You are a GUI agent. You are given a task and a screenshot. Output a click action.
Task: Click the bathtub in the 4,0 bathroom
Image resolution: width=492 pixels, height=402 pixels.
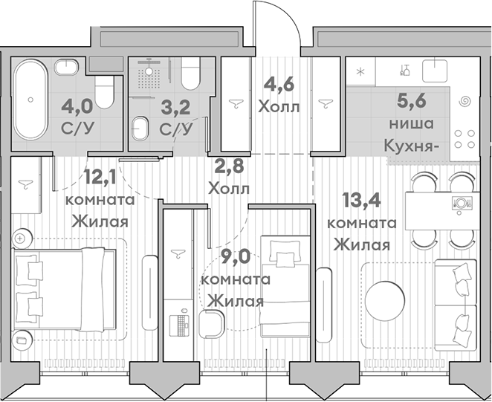(x=30, y=100)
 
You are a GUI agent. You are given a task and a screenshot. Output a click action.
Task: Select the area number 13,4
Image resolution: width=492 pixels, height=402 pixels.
(x=361, y=199)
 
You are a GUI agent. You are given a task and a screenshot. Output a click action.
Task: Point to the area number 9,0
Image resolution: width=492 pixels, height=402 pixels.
(x=236, y=256)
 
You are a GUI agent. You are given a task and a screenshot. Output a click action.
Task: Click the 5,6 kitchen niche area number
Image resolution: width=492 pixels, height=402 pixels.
(x=411, y=100)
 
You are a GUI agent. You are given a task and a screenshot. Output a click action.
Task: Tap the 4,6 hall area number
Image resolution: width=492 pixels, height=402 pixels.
(x=279, y=84)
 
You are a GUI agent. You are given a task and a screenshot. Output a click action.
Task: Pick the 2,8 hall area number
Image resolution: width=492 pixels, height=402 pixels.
(x=229, y=166)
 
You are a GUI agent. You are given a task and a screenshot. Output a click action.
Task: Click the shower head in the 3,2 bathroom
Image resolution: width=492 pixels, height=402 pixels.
(x=149, y=71)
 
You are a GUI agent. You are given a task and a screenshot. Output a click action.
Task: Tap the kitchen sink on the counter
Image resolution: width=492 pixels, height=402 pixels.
(x=435, y=71)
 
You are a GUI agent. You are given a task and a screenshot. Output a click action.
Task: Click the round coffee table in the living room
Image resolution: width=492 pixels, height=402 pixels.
(x=385, y=301)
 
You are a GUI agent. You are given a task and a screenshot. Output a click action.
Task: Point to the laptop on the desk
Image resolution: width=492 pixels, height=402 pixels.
(x=179, y=324)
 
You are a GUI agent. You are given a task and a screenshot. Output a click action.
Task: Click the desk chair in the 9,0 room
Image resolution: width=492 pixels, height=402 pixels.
(x=212, y=323)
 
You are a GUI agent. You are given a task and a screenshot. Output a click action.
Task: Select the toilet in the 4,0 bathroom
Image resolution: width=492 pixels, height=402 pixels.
(x=104, y=92)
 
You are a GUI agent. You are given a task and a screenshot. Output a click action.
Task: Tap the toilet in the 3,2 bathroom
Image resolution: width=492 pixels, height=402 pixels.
(x=190, y=74)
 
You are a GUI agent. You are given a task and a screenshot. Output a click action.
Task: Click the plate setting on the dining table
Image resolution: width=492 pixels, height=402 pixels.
(x=461, y=204)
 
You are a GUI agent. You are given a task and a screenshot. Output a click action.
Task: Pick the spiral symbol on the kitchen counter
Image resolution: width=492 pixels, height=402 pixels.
(x=465, y=102)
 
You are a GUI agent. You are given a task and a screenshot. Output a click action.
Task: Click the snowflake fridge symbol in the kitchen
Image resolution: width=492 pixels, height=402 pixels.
(x=360, y=72)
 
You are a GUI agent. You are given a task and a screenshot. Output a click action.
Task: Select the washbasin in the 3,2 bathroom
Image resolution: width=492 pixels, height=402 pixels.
(x=140, y=129)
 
